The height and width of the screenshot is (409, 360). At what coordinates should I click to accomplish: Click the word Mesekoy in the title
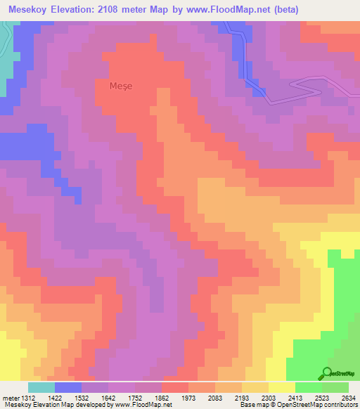pos(31,10)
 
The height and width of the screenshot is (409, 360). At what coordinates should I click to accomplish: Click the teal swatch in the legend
pos(41,387)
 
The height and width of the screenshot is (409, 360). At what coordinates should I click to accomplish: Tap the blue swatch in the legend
pos(67,387)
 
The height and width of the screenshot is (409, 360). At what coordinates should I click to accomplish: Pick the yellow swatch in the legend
pos(281,387)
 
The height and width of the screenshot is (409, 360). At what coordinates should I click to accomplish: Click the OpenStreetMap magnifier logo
pos(327,373)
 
